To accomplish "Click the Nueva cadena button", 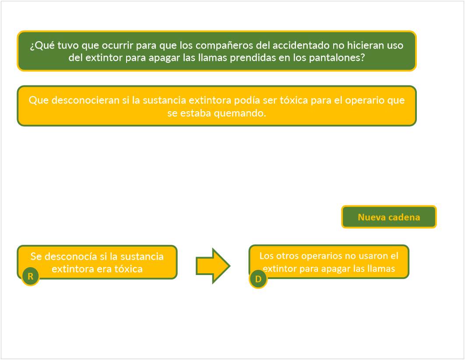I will pos(389,217).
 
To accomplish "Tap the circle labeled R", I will pos(30,276).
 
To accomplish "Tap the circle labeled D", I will pos(258,279).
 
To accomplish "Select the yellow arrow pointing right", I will pos(213,265).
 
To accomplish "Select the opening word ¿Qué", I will pos(39,46).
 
